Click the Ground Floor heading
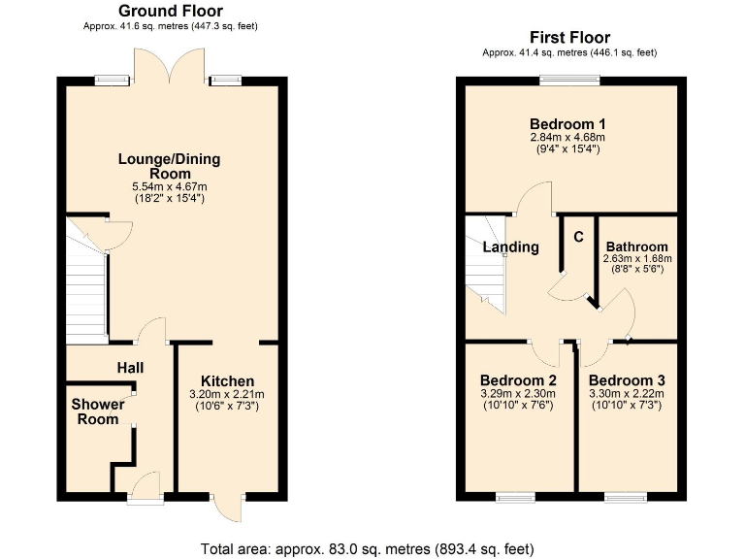(x=170, y=11)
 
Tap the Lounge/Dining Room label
(x=170, y=166)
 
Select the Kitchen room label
(x=228, y=380)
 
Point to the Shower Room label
(x=96, y=411)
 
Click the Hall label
(x=131, y=368)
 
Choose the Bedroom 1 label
(x=567, y=124)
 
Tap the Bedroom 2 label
(x=518, y=379)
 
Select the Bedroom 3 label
(x=627, y=379)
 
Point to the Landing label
(x=511, y=247)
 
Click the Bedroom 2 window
(x=515, y=498)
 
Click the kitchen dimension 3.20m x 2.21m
(x=228, y=394)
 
